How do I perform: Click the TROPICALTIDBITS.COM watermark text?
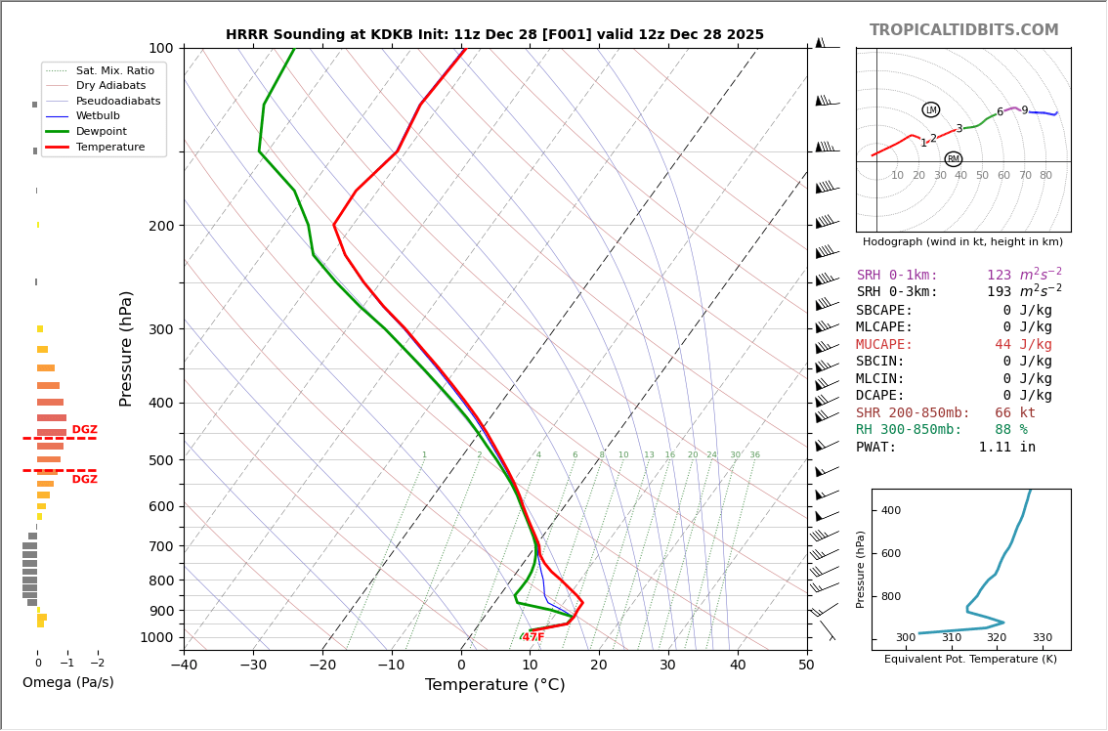click(x=963, y=30)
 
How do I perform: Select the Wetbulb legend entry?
click(x=98, y=115)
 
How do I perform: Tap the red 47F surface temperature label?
click(x=533, y=637)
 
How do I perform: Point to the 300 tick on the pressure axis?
click(x=160, y=329)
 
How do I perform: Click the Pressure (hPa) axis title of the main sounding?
click(x=127, y=348)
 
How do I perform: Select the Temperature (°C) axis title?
click(x=494, y=685)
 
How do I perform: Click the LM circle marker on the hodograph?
click(x=930, y=110)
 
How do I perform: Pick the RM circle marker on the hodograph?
click(x=953, y=159)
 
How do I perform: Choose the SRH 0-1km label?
click(x=897, y=276)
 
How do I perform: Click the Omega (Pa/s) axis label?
click(x=67, y=682)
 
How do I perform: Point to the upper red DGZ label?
click(x=84, y=430)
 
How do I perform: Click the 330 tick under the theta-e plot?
click(x=1042, y=638)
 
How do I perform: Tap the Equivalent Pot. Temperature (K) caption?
click(x=970, y=660)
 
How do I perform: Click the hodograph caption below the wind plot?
click(x=962, y=242)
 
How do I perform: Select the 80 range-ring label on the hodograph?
click(x=1045, y=176)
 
